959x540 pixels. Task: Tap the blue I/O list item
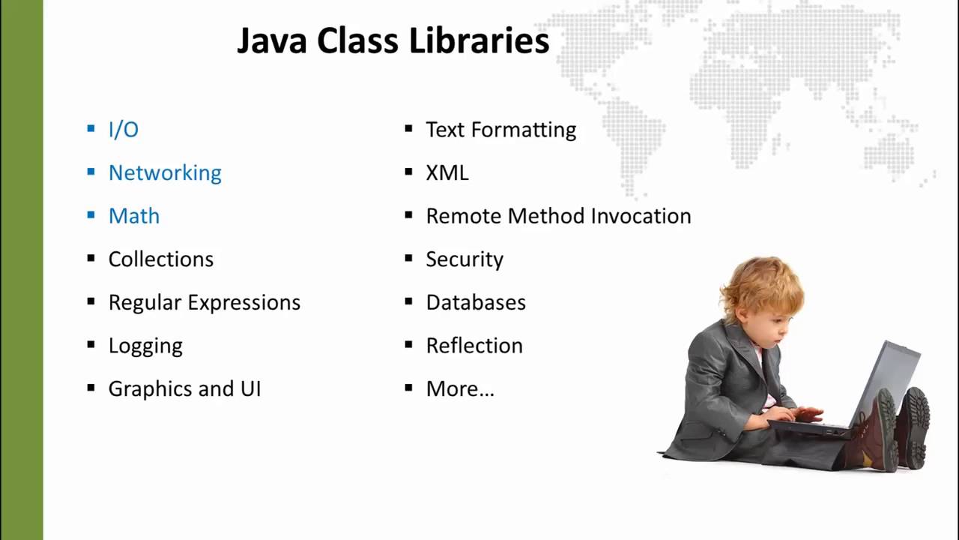[x=124, y=130]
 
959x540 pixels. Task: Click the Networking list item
[x=165, y=172]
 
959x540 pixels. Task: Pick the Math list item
[x=134, y=216]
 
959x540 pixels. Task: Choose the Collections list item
[x=161, y=259]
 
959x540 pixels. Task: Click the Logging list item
[x=145, y=346]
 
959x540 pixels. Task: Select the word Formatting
[x=533, y=130]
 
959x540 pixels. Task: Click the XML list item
[x=447, y=172]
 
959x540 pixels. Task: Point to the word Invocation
[x=641, y=216]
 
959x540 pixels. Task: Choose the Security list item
[x=465, y=259]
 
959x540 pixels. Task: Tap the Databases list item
[x=476, y=302]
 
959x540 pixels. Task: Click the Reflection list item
[x=474, y=346]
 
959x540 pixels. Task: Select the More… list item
[x=460, y=388]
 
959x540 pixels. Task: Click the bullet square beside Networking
[x=91, y=172]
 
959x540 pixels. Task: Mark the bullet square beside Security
[x=408, y=258]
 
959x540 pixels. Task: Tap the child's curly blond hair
[x=760, y=281]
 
